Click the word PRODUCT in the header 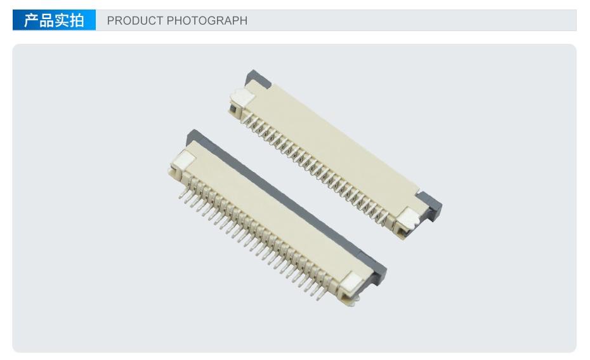tap(135, 21)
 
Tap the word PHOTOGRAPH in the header tap(207, 21)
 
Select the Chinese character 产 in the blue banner tap(31, 20)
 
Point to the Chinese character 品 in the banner tap(46, 20)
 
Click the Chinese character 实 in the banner tap(62, 20)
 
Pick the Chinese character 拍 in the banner tap(76, 20)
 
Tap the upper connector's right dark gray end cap tap(431, 206)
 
